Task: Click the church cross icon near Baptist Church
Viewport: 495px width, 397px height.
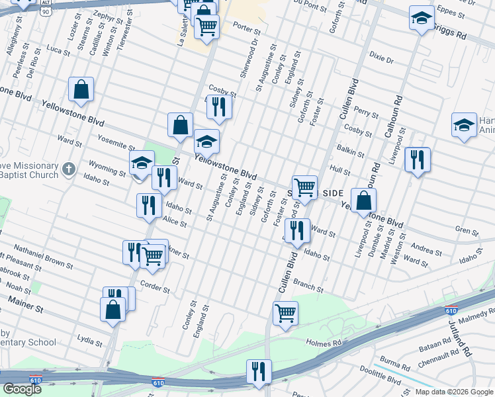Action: click(67, 170)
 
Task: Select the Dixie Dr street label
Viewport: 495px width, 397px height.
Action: click(381, 59)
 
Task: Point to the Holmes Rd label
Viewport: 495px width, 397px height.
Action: click(323, 343)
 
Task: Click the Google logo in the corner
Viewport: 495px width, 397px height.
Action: click(22, 389)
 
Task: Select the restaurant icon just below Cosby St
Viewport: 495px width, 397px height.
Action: click(218, 107)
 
